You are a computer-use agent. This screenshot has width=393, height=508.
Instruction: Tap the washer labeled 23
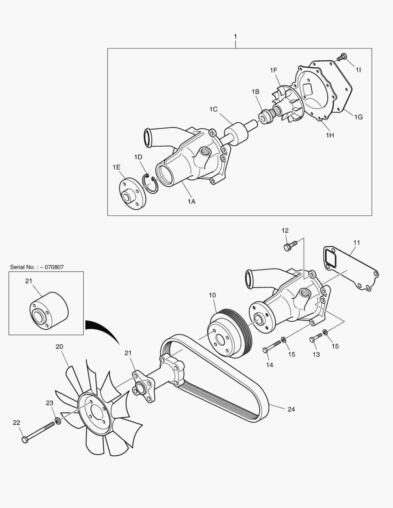(x=58, y=420)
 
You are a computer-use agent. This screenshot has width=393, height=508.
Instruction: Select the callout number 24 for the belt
(x=291, y=409)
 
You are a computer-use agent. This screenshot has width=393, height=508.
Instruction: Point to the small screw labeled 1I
(x=342, y=57)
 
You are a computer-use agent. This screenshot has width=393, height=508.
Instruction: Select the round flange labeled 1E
(x=132, y=193)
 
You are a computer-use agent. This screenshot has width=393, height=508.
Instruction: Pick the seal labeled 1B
(x=266, y=116)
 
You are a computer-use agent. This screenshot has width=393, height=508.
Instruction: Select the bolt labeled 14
(x=272, y=347)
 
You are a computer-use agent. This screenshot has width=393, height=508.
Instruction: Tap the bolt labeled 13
(x=315, y=338)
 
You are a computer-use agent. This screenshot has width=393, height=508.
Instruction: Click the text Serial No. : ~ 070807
(x=37, y=267)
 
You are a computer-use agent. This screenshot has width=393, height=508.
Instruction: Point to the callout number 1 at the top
(x=235, y=37)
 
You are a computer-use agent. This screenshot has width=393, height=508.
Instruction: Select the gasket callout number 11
(x=356, y=242)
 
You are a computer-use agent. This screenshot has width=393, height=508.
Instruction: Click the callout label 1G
(x=358, y=117)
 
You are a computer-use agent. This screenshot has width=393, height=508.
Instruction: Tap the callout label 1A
(x=191, y=201)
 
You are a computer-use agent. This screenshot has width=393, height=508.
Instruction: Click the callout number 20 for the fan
(x=59, y=347)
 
